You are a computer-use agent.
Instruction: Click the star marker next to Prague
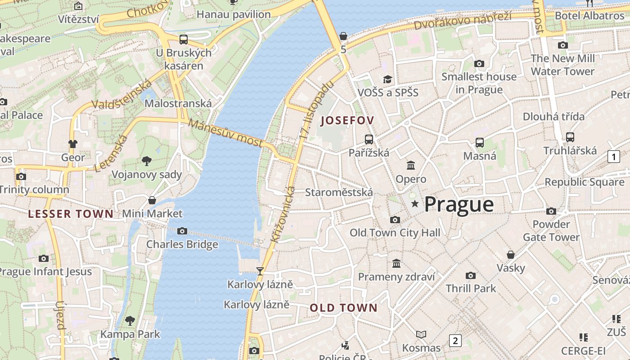(x=415, y=204)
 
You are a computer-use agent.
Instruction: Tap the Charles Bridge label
(x=182, y=244)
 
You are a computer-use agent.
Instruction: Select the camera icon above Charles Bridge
(x=182, y=231)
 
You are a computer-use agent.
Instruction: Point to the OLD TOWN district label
(x=344, y=308)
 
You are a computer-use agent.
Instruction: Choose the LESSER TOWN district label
(x=71, y=214)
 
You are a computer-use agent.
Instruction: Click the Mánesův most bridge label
(x=225, y=133)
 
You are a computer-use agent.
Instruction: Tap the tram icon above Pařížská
(x=369, y=139)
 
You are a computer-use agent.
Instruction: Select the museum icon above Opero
(x=411, y=166)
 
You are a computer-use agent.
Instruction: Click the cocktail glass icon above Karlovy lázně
(x=260, y=271)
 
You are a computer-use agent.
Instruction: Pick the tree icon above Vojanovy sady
(x=146, y=161)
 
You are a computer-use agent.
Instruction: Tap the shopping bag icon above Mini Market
(x=152, y=200)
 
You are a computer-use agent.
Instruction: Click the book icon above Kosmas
(x=421, y=334)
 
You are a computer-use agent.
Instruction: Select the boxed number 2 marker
(x=455, y=341)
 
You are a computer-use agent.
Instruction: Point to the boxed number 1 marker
(x=613, y=157)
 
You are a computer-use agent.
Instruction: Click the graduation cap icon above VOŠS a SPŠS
(x=387, y=80)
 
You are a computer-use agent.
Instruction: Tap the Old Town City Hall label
(x=395, y=233)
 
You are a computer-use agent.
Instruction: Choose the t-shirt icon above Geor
(x=73, y=144)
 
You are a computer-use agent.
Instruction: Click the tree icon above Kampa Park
(x=130, y=321)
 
